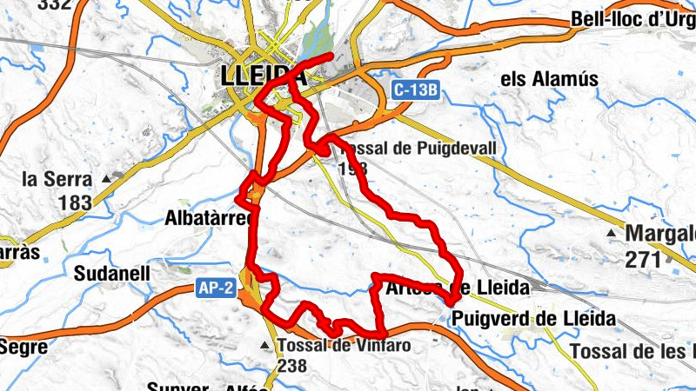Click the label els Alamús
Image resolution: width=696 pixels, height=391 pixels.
pos(550,79)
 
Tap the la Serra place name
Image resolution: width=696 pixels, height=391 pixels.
pos(57,180)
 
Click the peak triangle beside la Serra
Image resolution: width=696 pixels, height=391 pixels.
pos(107,179)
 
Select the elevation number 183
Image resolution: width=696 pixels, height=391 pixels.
pos(76,203)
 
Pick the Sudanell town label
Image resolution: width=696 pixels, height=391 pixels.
pos(112,274)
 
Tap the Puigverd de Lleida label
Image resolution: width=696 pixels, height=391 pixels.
pos(533,319)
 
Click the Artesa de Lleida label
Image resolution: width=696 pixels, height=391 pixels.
pos(456,288)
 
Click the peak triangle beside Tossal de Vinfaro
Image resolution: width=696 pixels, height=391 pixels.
pos(266,346)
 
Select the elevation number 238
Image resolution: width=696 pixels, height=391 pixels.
pos(293,368)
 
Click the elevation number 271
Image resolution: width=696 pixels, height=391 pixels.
pos(642,258)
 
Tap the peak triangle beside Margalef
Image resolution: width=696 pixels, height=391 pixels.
pos(613,235)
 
